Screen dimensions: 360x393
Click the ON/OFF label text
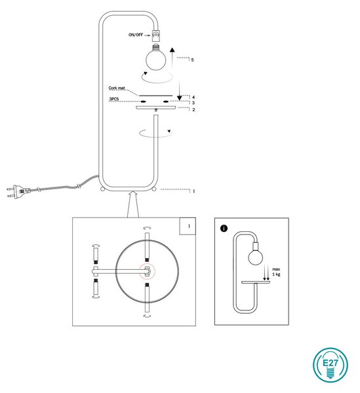coord(136,35)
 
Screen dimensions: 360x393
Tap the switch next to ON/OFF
coord(156,35)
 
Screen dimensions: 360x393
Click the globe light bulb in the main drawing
coord(156,58)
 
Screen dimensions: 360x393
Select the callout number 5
coord(192,60)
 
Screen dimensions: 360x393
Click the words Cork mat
coord(117,88)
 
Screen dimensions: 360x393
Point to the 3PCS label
coord(113,100)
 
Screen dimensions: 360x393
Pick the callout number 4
coord(193,97)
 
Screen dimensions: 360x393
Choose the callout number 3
coord(193,103)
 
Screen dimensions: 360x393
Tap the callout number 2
coord(193,109)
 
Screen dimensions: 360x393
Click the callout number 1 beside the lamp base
coord(193,191)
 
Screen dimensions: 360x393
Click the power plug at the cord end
coord(18,191)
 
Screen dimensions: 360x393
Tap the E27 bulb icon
coord(330,365)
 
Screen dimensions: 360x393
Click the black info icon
coord(224,229)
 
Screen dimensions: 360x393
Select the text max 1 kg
coord(276,272)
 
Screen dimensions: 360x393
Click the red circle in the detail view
coord(148,271)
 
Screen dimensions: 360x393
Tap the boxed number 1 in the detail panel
coord(189,226)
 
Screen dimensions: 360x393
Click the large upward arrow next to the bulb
coord(172,58)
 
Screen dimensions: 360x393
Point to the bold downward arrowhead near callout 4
coord(180,98)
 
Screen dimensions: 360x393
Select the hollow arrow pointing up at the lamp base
coord(133,204)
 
